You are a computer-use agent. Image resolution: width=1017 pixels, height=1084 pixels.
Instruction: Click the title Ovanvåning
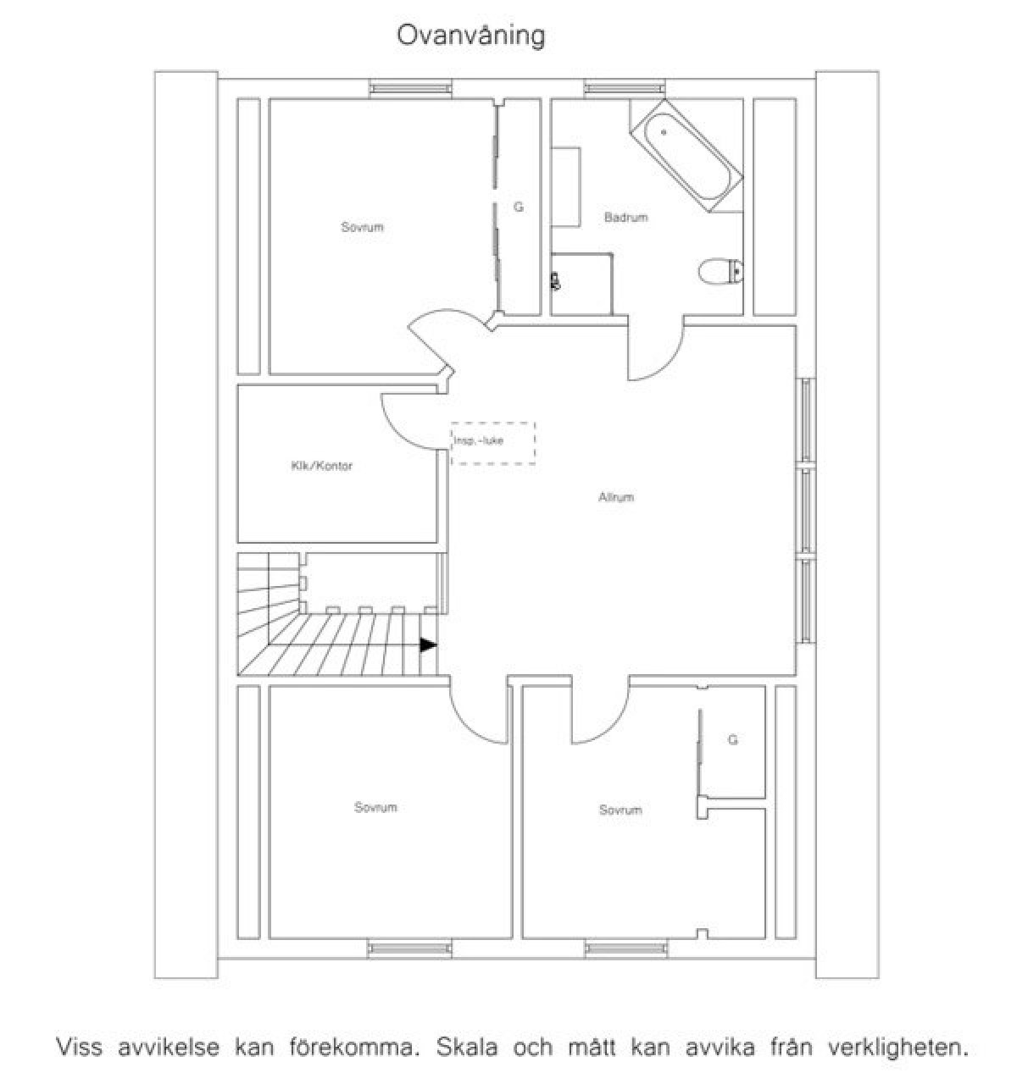click(x=470, y=37)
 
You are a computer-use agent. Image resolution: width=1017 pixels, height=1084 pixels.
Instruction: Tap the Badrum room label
click(x=625, y=218)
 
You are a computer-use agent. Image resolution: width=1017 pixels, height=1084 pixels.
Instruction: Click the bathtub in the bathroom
click(x=686, y=156)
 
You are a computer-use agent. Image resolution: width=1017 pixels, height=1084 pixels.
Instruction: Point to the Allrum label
click(x=616, y=497)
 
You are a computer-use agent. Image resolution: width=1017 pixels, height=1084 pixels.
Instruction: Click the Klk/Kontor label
click(x=322, y=466)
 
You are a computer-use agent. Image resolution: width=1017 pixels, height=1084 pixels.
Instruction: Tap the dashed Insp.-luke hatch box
click(x=493, y=443)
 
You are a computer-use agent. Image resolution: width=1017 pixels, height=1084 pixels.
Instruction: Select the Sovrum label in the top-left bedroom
click(x=362, y=227)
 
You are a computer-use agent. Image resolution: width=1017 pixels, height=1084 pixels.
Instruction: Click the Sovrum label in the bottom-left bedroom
click(x=375, y=807)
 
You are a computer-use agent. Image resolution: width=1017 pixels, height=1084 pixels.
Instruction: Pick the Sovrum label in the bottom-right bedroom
click(x=620, y=810)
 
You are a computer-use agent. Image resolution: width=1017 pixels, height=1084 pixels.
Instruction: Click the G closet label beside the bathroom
click(x=519, y=207)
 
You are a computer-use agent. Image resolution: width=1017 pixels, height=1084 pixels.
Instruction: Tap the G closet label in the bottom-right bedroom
click(x=733, y=739)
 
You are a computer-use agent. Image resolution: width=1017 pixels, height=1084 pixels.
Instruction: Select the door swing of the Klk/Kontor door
click(x=399, y=431)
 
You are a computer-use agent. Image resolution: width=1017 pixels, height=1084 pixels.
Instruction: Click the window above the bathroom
click(x=625, y=88)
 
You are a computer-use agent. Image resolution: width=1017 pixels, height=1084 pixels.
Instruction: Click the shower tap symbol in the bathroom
click(x=556, y=281)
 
